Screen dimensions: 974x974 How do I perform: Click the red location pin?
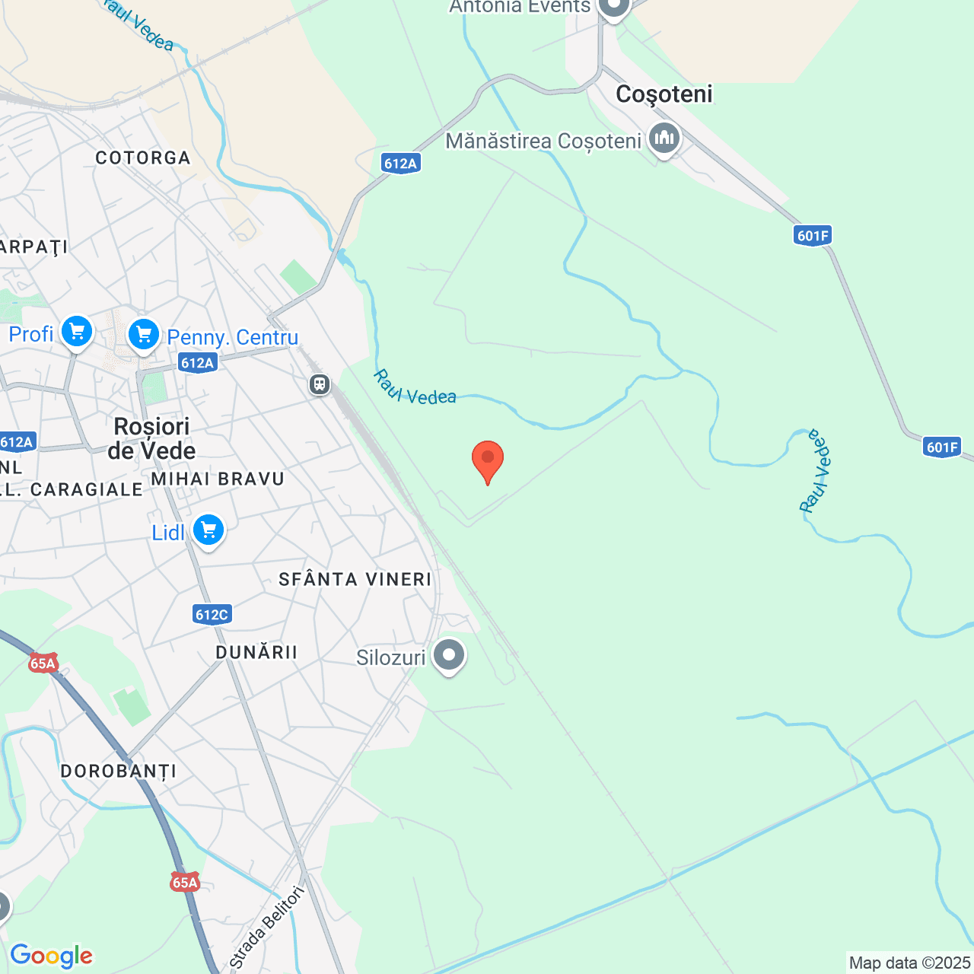coord(488,459)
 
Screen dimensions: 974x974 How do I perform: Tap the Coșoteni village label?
coord(664,94)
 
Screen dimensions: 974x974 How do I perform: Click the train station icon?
coord(320,384)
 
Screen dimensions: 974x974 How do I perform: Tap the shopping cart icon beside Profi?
coord(76,332)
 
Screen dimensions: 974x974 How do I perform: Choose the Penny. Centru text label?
coord(232,337)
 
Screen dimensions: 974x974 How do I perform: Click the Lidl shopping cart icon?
coord(208,530)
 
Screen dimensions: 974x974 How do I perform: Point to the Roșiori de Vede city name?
coord(151,438)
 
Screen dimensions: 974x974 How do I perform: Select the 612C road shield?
coord(212,614)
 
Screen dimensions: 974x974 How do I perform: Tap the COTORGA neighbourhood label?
coord(143,158)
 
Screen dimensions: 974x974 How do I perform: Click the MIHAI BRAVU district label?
coord(218,479)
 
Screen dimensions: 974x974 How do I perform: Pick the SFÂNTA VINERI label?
coord(355,580)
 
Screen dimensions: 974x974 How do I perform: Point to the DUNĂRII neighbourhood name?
coord(256,653)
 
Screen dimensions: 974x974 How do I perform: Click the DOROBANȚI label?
coord(119,772)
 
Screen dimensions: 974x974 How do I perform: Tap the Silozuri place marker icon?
coord(449,654)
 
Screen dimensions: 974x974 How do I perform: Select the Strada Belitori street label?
coord(267,928)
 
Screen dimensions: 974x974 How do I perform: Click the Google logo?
coord(51,956)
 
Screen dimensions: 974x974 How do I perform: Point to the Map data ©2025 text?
coord(909,963)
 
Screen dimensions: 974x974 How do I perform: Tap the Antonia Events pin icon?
coord(613,8)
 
